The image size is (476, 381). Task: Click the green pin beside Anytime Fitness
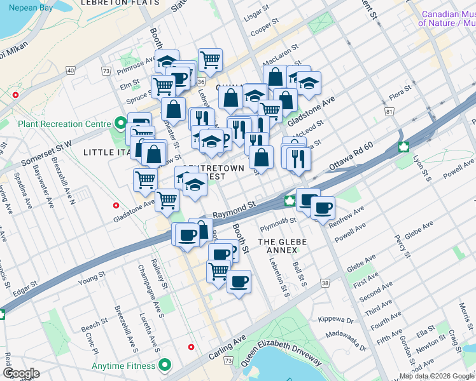point(165,365)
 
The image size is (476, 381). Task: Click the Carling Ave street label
point(227,349)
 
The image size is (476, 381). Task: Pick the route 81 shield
point(388,111)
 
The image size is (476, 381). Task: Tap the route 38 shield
point(325,283)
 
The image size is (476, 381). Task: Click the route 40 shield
point(70,69)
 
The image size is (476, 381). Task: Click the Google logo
point(22,373)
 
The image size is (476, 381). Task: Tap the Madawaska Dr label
point(346,340)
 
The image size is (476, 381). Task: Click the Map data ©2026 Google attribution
point(437,376)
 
